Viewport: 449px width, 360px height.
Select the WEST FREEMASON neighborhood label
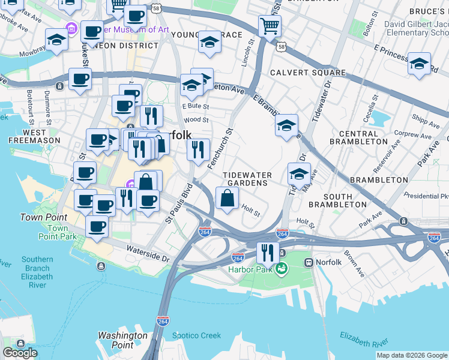pos(34,136)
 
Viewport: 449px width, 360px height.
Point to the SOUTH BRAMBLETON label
pos(337,200)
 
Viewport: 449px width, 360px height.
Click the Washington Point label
pos(122,340)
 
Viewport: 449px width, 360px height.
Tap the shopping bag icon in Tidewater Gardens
pos(227,198)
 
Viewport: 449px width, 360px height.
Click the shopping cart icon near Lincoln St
pos(270,26)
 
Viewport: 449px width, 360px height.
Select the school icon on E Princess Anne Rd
pos(419,63)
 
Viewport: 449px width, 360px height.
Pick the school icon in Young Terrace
pos(209,42)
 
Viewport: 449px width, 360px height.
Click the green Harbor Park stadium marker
pos(280,268)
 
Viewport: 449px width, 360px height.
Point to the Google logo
pos(20,353)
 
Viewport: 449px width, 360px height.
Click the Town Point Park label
pos(58,233)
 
